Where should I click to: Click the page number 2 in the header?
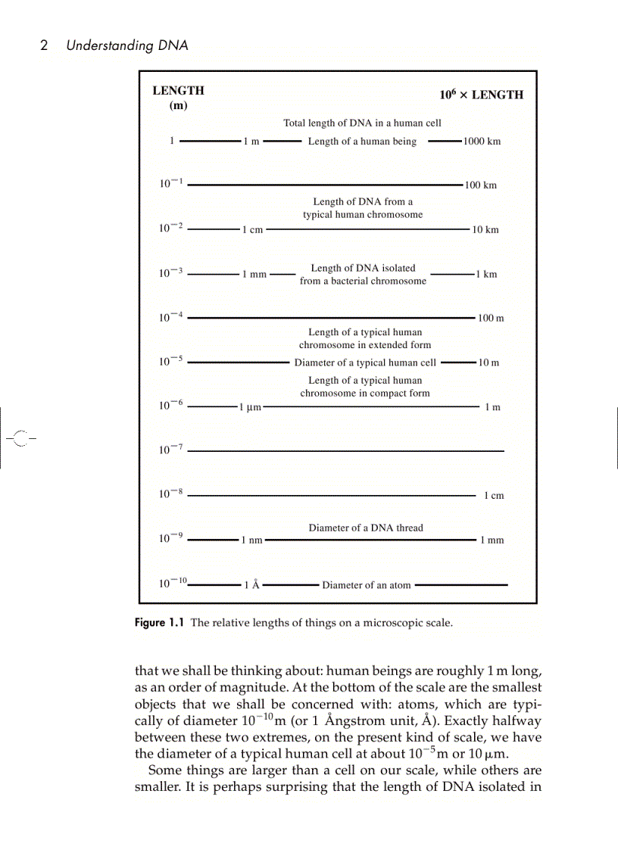[44, 45]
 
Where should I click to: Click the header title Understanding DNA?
[126, 45]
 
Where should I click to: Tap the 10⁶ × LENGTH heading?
[481, 95]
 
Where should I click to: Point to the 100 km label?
[480, 185]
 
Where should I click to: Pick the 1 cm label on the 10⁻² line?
[252, 230]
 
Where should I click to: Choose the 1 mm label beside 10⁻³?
[254, 274]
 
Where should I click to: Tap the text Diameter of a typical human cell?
[365, 363]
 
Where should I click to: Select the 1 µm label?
[250, 407]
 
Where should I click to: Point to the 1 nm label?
[251, 540]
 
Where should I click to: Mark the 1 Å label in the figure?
[251, 585]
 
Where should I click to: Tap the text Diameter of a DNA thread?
[366, 528]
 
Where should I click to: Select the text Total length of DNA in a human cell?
[362, 123]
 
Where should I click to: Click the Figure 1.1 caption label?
[159, 623]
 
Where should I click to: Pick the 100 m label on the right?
[491, 318]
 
